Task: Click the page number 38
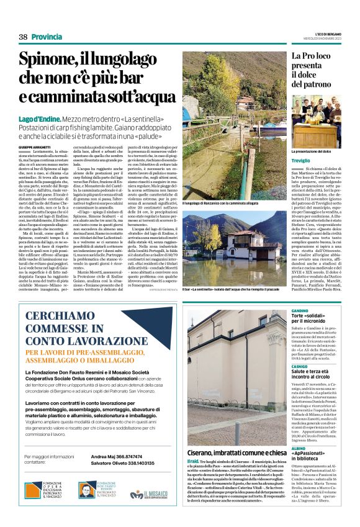23,37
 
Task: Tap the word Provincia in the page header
47,37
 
